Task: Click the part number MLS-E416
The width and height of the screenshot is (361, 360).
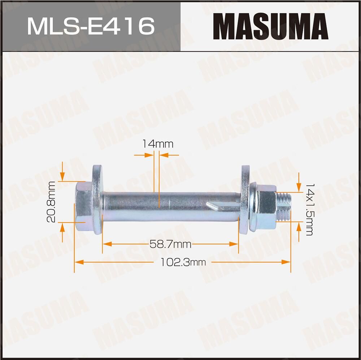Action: (91, 26)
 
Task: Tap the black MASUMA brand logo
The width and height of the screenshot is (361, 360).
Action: (271, 26)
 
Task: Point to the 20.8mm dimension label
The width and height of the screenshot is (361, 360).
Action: (52, 202)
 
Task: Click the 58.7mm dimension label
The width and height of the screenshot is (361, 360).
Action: (170, 244)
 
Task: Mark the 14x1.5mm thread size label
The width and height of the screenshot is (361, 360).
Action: (309, 209)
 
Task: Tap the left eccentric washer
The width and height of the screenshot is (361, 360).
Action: (97, 200)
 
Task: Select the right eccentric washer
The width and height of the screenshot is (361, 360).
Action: (245, 200)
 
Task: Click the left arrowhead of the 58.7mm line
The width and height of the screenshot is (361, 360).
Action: (105, 244)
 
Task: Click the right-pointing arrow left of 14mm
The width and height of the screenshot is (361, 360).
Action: (150, 155)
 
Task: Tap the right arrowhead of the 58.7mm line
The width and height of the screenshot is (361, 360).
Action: (235, 244)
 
